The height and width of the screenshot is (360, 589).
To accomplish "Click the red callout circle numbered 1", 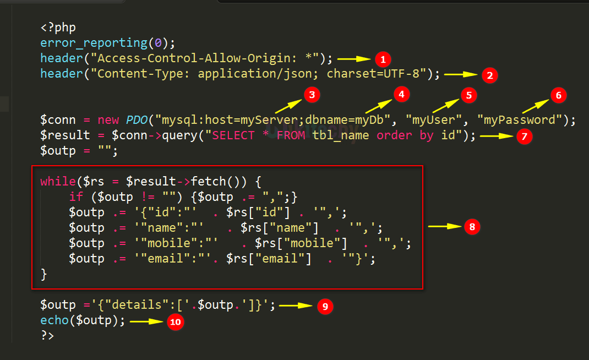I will pos(383,59).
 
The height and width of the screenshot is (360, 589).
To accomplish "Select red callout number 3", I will pos(312,95).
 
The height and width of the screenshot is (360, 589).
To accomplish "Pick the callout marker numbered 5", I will pos(468,95).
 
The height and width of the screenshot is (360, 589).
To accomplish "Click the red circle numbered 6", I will pos(558,95).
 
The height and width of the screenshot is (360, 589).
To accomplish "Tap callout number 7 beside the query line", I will pos(524,136).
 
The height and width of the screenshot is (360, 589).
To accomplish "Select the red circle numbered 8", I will pos(472,226).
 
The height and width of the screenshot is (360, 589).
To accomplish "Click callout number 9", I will pos(325,306).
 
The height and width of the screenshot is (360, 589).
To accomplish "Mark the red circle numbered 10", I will pos(175,322).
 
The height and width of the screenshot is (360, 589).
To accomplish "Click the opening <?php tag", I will pos(58,28).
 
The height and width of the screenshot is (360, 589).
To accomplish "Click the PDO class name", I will pos(138,120).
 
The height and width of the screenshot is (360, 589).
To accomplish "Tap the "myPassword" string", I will pos(521,120).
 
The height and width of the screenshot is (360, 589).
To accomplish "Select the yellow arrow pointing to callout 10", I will pos(147,321).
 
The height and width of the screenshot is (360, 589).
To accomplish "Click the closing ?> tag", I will pos(47,336).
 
